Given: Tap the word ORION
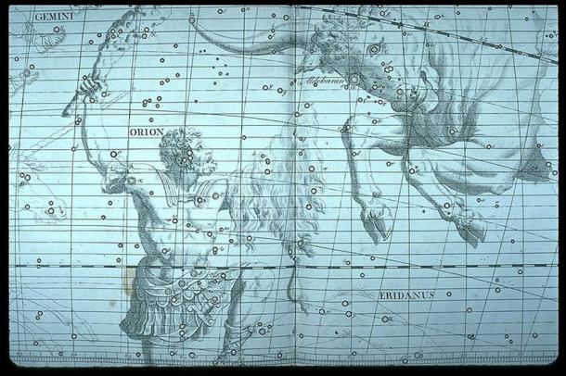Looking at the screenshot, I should (x=145, y=132).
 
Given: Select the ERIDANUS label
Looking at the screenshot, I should (x=405, y=295).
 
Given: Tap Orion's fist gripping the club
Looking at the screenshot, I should (x=89, y=86).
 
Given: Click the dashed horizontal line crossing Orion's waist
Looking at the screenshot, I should (x=93, y=267).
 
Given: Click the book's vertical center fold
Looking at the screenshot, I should (x=295, y=185).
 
